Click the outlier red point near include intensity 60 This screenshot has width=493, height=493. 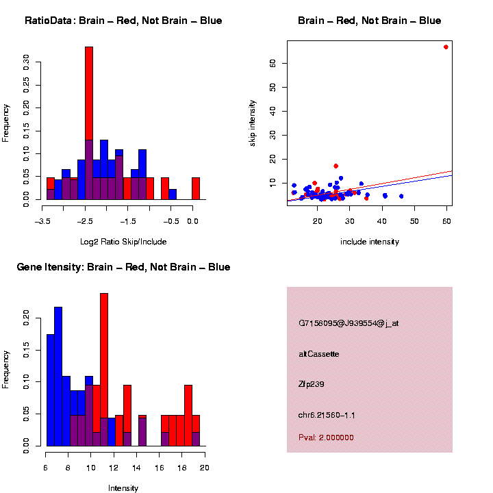[x=446, y=47]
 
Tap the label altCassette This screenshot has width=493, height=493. [x=318, y=354]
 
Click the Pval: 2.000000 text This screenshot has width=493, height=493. [x=326, y=438]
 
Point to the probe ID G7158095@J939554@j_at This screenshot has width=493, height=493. [x=349, y=323]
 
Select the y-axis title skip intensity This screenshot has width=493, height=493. [x=253, y=123]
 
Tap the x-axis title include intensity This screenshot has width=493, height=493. [x=370, y=241]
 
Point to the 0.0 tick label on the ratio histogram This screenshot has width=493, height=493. [x=193, y=221]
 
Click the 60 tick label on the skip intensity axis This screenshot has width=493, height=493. [x=271, y=63]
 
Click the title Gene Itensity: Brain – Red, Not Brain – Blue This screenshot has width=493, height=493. [x=123, y=267]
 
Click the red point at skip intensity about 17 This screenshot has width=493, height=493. [x=336, y=166]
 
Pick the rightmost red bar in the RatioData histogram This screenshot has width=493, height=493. [x=196, y=188]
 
